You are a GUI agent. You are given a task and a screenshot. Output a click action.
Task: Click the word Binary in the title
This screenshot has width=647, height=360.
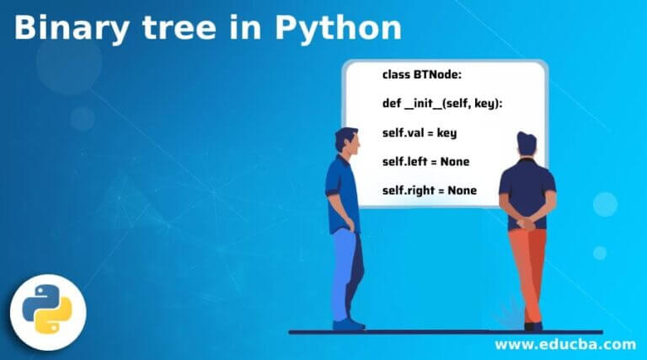pyautogui.click(x=72, y=29)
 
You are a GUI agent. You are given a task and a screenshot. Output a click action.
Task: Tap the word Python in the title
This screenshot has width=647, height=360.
pyautogui.click(x=338, y=29)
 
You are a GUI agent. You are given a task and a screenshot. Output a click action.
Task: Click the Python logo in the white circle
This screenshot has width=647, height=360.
pyautogui.click(x=47, y=309)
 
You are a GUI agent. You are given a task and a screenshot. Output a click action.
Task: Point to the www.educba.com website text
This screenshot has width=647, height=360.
pyautogui.click(x=565, y=344)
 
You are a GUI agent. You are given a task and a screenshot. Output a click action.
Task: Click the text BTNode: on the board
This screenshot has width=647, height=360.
pyautogui.click(x=438, y=75)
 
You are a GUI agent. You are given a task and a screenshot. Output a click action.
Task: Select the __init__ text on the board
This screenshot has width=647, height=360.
pyautogui.click(x=423, y=103)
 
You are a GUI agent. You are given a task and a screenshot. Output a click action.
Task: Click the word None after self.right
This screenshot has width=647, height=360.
pyautogui.click(x=463, y=191)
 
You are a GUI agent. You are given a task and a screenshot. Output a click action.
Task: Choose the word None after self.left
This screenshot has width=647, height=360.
pyautogui.click(x=455, y=161)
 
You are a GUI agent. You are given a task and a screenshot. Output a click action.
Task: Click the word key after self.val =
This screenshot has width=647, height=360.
pyautogui.click(x=446, y=133)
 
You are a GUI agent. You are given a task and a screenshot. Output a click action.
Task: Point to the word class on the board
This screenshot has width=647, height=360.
pyautogui.click(x=396, y=75)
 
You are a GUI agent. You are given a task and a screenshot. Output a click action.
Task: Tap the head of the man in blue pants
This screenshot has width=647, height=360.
pyautogui.click(x=346, y=141)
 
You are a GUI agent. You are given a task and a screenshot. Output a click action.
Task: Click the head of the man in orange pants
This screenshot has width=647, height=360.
pyautogui.click(x=527, y=144)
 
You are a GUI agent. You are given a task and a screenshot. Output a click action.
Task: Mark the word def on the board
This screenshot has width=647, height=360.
pyautogui.click(x=392, y=103)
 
